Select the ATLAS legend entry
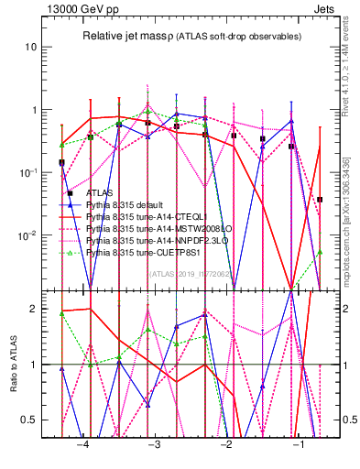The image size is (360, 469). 99,193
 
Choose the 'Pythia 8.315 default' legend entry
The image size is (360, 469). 129,205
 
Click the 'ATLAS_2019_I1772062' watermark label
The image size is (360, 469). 190,274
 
